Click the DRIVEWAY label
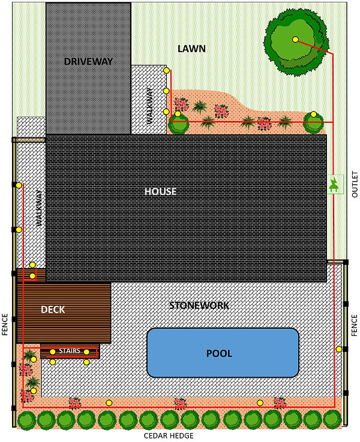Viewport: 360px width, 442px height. click(88, 61)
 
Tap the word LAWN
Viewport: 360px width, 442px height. click(191, 49)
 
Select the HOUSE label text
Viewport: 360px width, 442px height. click(160, 191)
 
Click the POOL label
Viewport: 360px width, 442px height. click(219, 353)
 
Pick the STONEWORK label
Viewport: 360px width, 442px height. click(199, 305)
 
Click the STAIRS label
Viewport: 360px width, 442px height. click(70, 351)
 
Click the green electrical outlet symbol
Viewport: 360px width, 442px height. click(333, 185)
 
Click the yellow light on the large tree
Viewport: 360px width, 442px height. click(295, 40)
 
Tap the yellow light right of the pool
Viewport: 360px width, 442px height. click(339, 349)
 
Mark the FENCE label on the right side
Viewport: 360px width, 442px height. click(354, 324)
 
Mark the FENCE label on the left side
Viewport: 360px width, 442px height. click(5, 324)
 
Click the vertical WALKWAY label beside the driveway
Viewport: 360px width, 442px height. click(149, 106)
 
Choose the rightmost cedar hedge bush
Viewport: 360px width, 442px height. click(332, 419)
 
